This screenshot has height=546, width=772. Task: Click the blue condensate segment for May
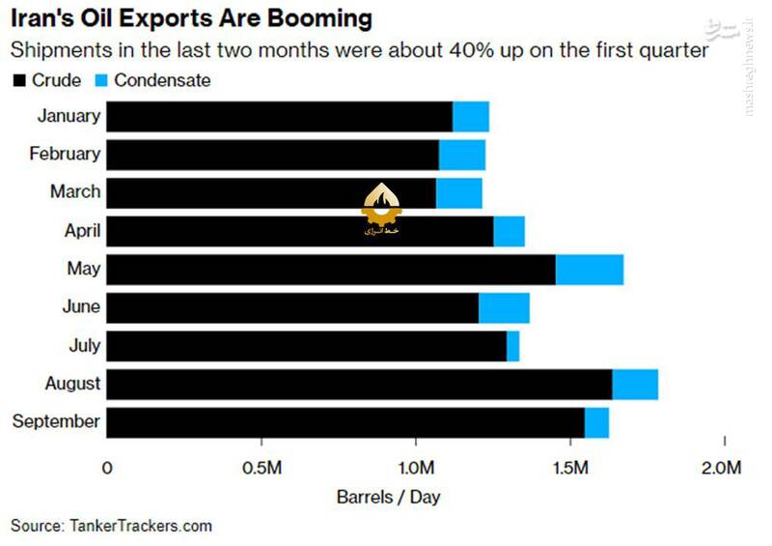pos(589,269)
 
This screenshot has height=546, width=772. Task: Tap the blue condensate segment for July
pos(512,345)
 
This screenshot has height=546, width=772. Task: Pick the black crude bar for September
pos(345,422)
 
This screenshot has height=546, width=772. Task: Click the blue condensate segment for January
pos(471,116)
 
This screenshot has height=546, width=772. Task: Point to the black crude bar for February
pos(272,155)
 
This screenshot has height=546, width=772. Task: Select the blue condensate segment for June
pos(504,307)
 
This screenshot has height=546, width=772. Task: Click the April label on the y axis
pos(83,231)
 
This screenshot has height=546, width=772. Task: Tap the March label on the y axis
pos(75,192)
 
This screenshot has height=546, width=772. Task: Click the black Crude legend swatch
pos(19,81)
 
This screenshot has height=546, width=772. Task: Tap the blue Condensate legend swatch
pos(101,81)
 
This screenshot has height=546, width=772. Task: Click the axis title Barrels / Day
pos(388,498)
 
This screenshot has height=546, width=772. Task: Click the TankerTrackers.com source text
pos(140,526)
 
